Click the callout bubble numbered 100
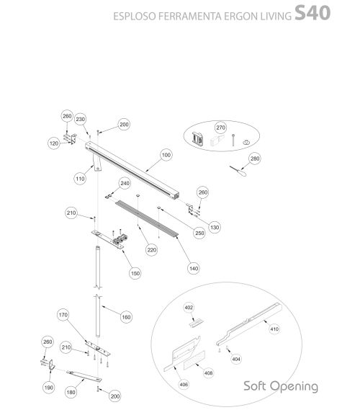click(x=166, y=155)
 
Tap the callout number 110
click(x=80, y=179)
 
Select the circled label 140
click(x=194, y=268)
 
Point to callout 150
click(x=135, y=273)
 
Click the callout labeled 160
click(x=126, y=317)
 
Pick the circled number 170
click(x=63, y=315)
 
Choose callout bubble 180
click(x=71, y=392)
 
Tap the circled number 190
click(x=49, y=387)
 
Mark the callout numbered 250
click(x=199, y=233)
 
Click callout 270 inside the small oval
click(x=221, y=128)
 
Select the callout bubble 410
click(x=274, y=329)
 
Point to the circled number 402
click(x=189, y=308)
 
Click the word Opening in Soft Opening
click(x=294, y=386)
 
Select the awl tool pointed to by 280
click(x=238, y=171)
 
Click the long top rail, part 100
click(x=132, y=170)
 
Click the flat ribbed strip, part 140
click(x=147, y=218)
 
